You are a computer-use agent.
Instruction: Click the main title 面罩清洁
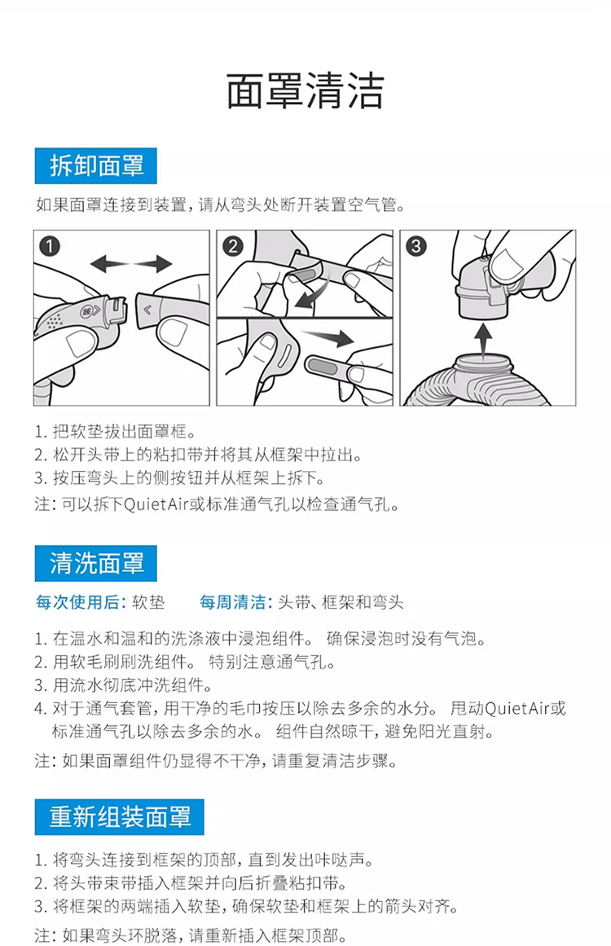tap(305, 90)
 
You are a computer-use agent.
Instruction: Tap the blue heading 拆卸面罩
tap(96, 166)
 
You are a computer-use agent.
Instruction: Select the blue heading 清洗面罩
tap(96, 564)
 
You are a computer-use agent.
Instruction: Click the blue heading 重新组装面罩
tap(120, 817)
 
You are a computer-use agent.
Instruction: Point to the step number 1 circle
tap(50, 246)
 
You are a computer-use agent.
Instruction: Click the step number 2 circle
tap(233, 246)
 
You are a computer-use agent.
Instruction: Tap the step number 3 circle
tap(416, 246)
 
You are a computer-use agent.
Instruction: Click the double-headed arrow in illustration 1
tap(131, 264)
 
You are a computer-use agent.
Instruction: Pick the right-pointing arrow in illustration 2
tap(328, 337)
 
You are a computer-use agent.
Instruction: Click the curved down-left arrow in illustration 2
tap(313, 292)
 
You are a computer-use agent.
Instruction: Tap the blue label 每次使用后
tap(80, 602)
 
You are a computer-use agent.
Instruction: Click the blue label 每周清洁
tap(235, 602)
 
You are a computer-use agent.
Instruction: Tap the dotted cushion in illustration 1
tap(57, 319)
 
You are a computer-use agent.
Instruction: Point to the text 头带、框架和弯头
tap(341, 602)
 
